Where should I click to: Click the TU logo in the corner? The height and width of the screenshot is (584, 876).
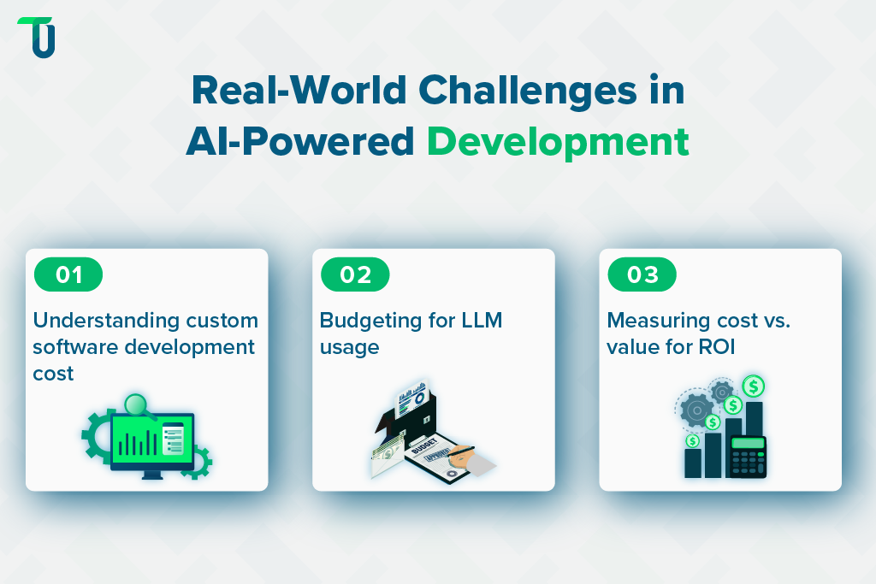37,37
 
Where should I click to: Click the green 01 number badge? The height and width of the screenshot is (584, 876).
68,274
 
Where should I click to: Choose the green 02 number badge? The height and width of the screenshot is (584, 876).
355,274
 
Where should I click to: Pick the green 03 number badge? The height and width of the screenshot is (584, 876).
642,274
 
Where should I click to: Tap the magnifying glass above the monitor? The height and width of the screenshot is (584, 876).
137,406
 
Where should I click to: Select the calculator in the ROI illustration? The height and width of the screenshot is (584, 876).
747,457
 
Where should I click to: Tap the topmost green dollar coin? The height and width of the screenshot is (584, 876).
754,386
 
